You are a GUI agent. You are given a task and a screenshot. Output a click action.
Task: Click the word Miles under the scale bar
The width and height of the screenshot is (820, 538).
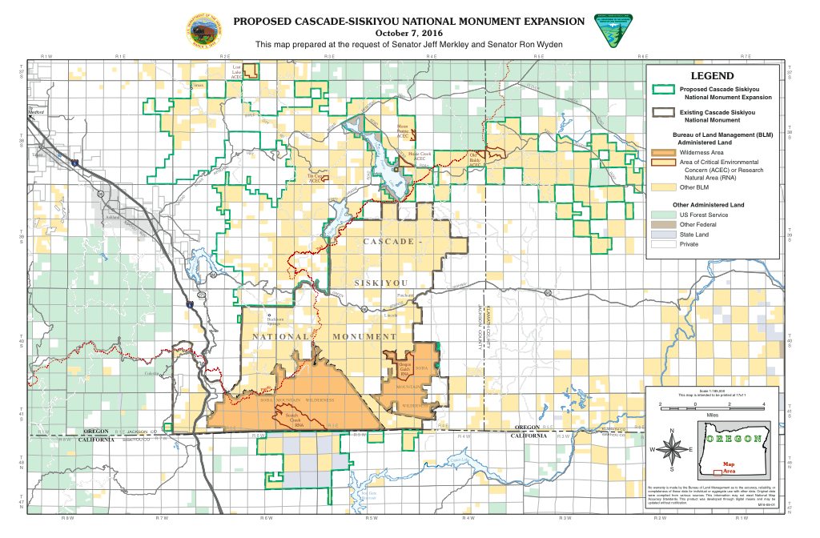tap(713, 415)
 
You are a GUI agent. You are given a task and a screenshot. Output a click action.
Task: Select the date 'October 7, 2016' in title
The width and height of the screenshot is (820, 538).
tap(410, 34)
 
